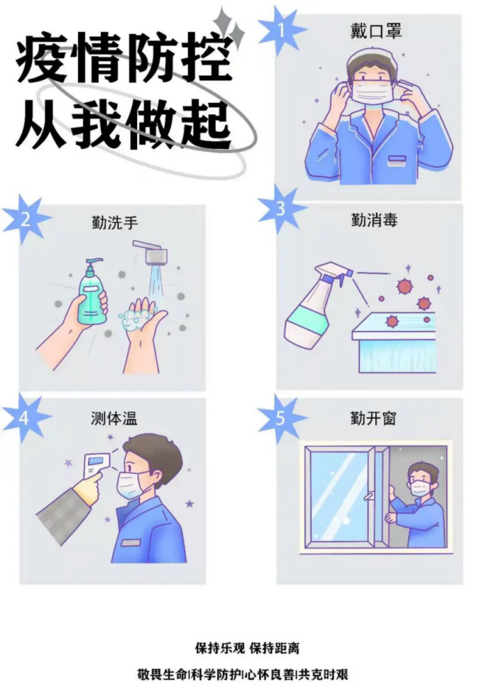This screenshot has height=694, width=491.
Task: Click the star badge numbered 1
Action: (x=282, y=31)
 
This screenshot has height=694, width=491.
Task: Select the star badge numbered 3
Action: (x=282, y=209)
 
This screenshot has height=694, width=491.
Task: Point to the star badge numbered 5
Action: (x=282, y=418)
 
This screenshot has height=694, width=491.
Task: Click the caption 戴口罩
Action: (x=376, y=31)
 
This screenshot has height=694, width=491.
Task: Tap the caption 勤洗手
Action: (x=115, y=222)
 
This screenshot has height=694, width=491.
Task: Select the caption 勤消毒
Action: (x=375, y=219)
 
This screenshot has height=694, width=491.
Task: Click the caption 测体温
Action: (x=114, y=418)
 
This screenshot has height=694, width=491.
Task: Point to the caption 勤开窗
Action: (x=373, y=418)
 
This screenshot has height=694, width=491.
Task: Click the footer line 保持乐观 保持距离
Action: (x=247, y=649)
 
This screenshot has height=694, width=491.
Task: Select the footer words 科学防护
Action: (x=216, y=675)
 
